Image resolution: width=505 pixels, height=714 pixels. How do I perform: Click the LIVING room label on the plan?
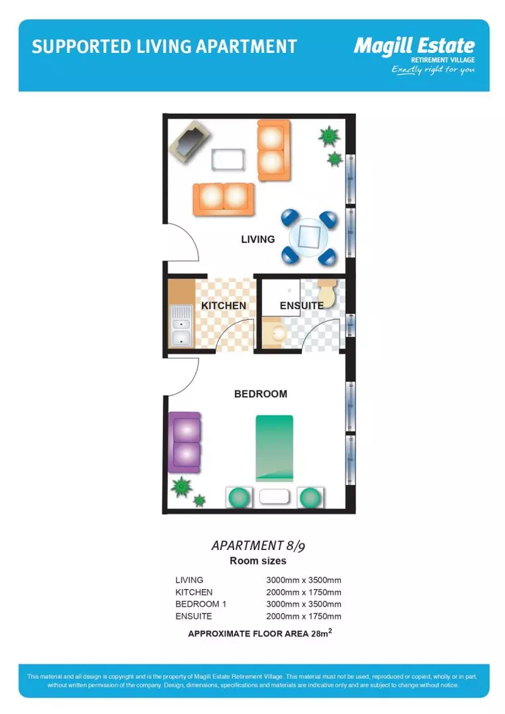click(x=257, y=239)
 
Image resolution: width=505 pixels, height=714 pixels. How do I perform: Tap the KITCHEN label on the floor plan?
click(x=224, y=305)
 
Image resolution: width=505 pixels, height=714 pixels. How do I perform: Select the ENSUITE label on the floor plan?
click(x=301, y=305)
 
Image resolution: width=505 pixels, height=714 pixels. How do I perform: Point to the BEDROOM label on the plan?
click(x=261, y=394)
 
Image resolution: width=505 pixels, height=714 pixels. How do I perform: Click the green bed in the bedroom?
click(x=274, y=448)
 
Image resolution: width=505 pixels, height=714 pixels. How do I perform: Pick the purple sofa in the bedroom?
click(x=185, y=442)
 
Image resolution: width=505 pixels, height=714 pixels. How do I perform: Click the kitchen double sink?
click(x=180, y=326)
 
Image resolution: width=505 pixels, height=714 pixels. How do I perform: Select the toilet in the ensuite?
click(x=328, y=291)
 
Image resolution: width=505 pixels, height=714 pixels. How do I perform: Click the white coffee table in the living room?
click(x=227, y=159)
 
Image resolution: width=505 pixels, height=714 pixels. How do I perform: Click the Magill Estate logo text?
click(x=414, y=46)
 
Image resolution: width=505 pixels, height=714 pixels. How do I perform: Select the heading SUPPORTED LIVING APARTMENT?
click(x=164, y=46)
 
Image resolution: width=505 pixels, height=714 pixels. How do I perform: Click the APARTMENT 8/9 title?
click(x=258, y=545)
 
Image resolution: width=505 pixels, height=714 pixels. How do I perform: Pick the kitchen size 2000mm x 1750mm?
click(x=304, y=592)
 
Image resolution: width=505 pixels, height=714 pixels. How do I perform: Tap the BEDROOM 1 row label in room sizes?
click(x=196, y=604)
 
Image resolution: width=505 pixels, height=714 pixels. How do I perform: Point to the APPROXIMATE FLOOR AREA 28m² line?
click(x=259, y=633)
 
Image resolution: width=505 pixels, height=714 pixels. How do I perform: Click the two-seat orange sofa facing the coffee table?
click(x=224, y=198)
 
